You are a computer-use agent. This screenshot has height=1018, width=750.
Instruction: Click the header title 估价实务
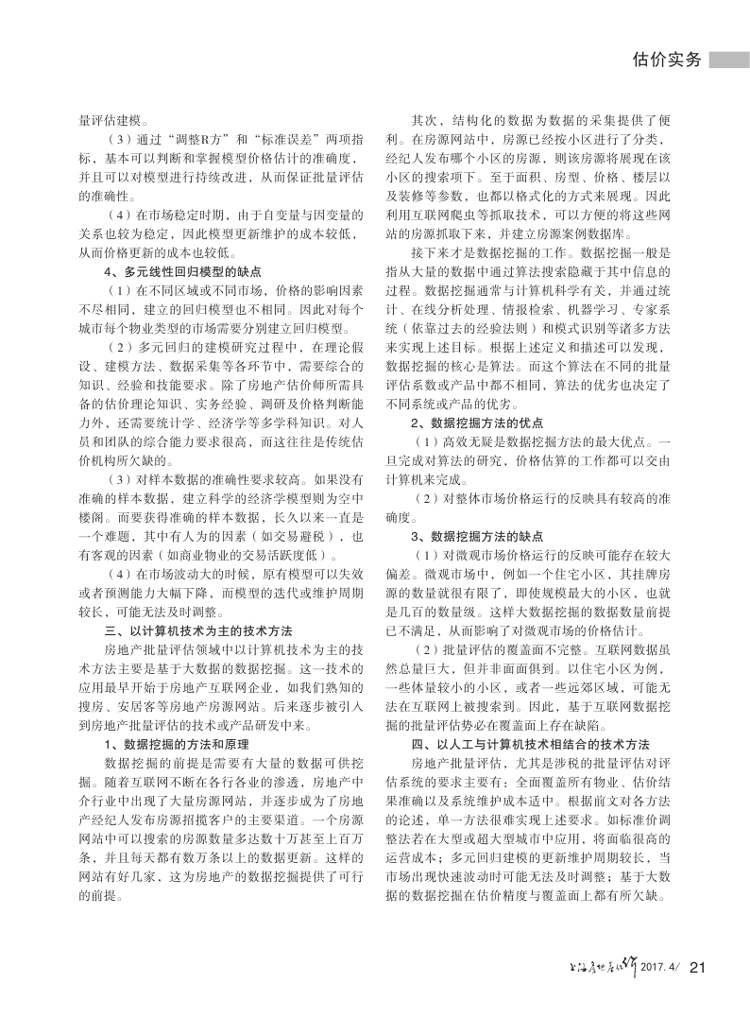point(665,60)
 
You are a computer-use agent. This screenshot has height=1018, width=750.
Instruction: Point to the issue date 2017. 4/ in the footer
point(660,966)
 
